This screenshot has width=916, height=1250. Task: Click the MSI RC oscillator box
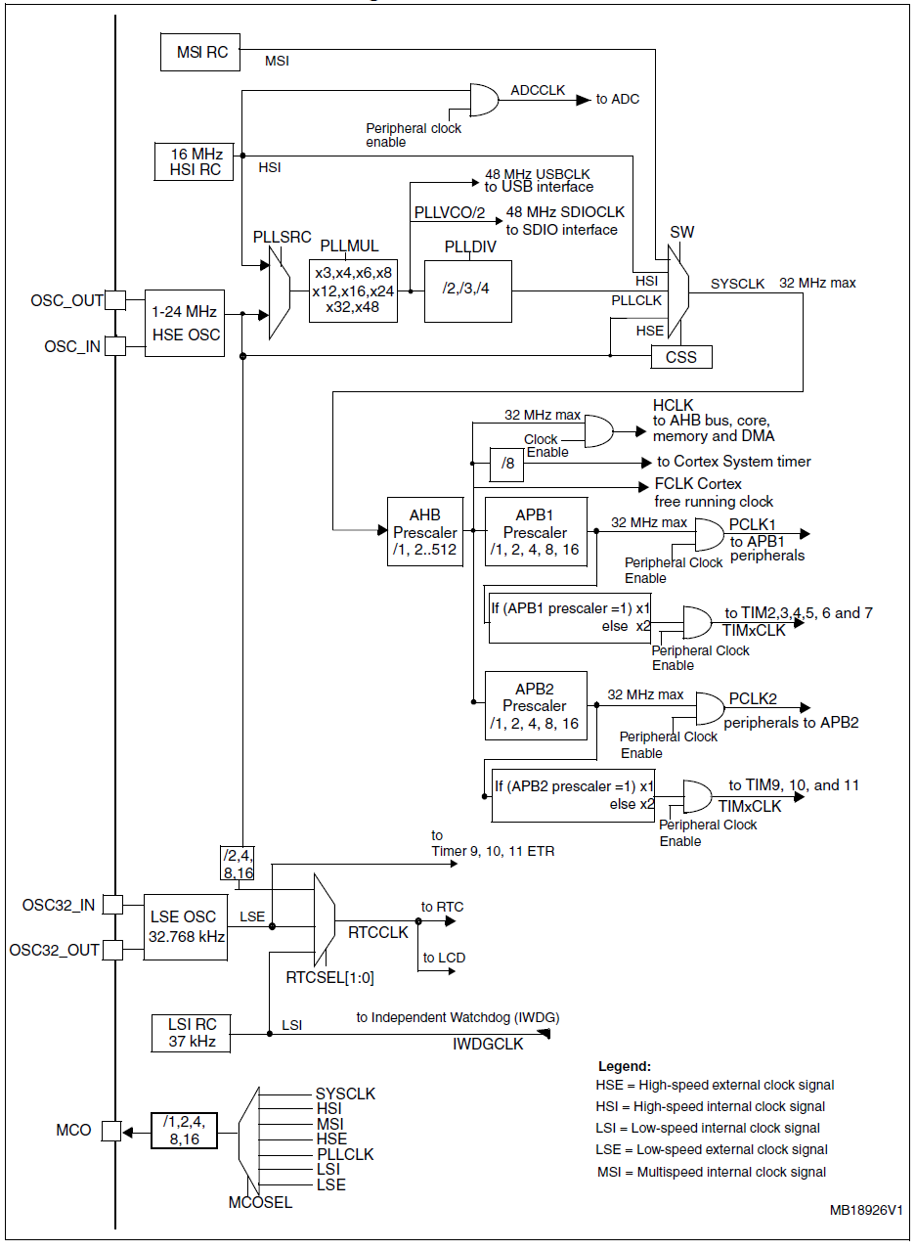coord(200,52)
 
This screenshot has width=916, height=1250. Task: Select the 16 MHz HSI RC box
coord(196,161)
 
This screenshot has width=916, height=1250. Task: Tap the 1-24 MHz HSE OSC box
coord(184,323)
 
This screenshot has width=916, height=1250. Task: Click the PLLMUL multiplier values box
coord(354,290)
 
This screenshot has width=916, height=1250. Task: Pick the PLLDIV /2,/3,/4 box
coord(467,290)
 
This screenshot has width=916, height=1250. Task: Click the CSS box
coord(681,357)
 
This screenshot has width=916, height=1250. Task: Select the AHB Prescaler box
coord(424,533)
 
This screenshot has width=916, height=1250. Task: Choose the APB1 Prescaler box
coord(536,532)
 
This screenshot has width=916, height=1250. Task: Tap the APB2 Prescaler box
coord(536,705)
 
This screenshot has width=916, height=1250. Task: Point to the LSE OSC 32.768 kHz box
coord(186,926)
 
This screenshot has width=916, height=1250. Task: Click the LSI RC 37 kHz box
coord(192,1033)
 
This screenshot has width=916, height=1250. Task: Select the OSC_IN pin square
coord(115,345)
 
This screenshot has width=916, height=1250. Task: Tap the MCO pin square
coord(111,1131)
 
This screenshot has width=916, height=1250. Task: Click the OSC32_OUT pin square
coord(113,950)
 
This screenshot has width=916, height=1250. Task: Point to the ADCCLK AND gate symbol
coord(484,100)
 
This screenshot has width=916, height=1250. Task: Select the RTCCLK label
coord(377,933)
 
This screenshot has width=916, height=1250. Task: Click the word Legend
coord(624,1066)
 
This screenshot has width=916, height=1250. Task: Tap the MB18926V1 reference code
coord(866,1210)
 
